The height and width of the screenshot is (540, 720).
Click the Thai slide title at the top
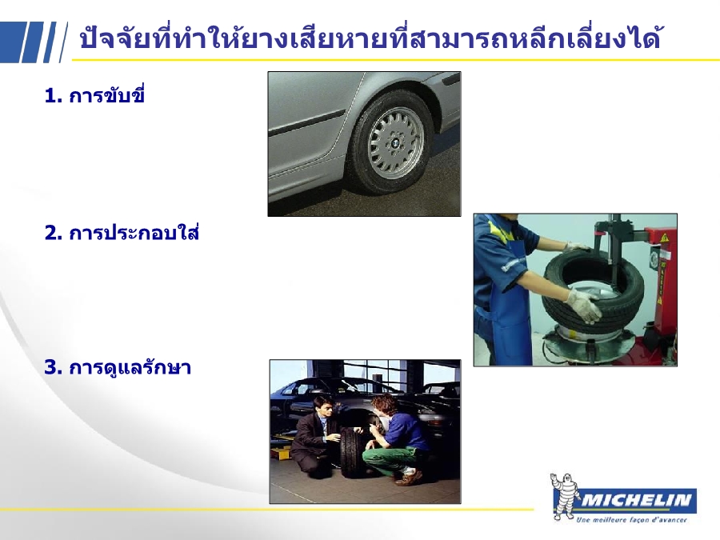pos(370,38)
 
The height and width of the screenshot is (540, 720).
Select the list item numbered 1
pos(94,95)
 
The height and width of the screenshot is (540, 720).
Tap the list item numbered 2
pos(122,232)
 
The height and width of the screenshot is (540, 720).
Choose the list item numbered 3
pos(118,367)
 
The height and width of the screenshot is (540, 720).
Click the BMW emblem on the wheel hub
pos(394,144)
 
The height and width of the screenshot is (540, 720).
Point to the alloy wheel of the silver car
pos(395,143)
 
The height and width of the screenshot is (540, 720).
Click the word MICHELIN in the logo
pos(636,500)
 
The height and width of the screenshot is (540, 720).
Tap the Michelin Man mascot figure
pos(564,496)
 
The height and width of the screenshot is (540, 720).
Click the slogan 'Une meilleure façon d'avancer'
pos(631,520)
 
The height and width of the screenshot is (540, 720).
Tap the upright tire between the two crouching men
pos(353,452)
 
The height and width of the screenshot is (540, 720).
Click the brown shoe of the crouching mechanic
pos(409,478)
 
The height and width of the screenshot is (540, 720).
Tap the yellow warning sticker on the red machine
pos(664,238)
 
